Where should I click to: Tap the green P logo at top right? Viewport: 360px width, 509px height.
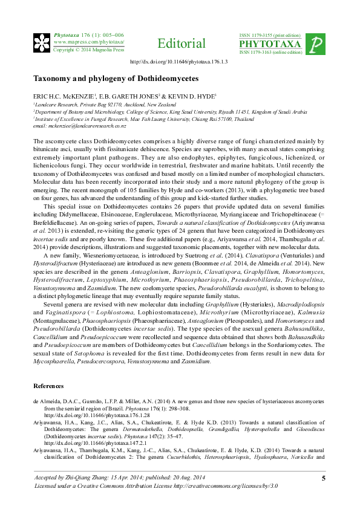click(316, 44)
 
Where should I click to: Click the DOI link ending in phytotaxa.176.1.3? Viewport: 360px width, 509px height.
click(179, 62)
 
